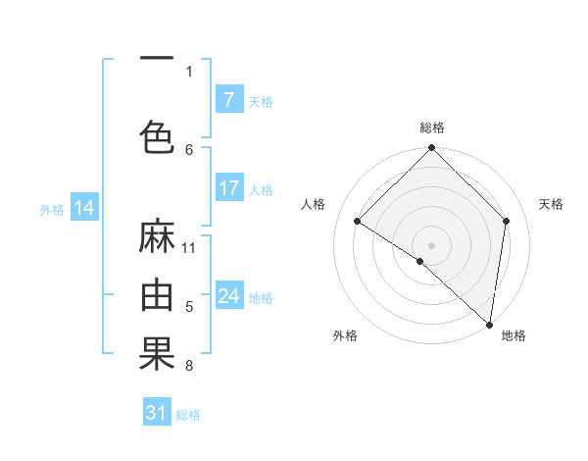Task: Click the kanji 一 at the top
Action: coord(157,59)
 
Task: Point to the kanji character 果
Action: coord(157,353)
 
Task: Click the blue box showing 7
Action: coord(228,100)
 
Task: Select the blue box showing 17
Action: coord(228,188)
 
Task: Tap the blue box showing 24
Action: coord(228,296)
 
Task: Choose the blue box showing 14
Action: coord(84,208)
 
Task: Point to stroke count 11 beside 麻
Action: coord(189,247)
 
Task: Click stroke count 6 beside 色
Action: coord(189,149)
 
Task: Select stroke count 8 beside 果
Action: coord(189,367)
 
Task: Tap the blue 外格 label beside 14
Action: coord(52,209)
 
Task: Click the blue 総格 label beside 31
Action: coord(188,415)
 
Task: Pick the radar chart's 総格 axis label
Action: coord(432,128)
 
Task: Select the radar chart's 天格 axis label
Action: coord(552,204)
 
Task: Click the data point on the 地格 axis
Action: coord(488,324)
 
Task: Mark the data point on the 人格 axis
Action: coord(358,221)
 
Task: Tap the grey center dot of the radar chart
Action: coord(432,244)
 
